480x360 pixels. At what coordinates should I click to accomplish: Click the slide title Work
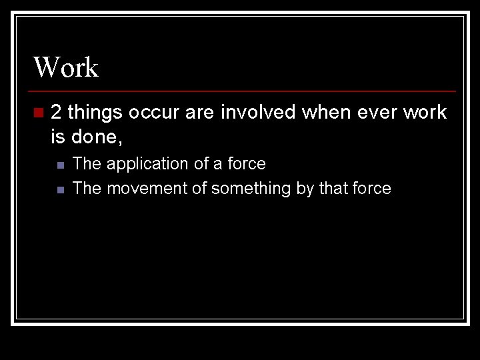click(x=66, y=67)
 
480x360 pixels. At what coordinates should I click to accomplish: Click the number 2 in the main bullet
click(x=57, y=112)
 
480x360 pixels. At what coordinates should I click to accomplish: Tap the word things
click(x=96, y=112)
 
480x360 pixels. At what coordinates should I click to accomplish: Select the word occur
click(x=154, y=112)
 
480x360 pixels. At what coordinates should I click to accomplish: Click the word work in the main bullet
click(x=425, y=112)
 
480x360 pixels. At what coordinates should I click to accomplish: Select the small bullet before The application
click(x=60, y=165)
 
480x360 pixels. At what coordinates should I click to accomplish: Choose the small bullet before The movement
click(x=60, y=189)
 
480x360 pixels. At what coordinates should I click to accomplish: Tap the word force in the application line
click(x=246, y=163)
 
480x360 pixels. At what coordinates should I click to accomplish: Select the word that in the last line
click(x=333, y=189)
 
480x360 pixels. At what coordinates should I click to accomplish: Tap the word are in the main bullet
click(x=199, y=112)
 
